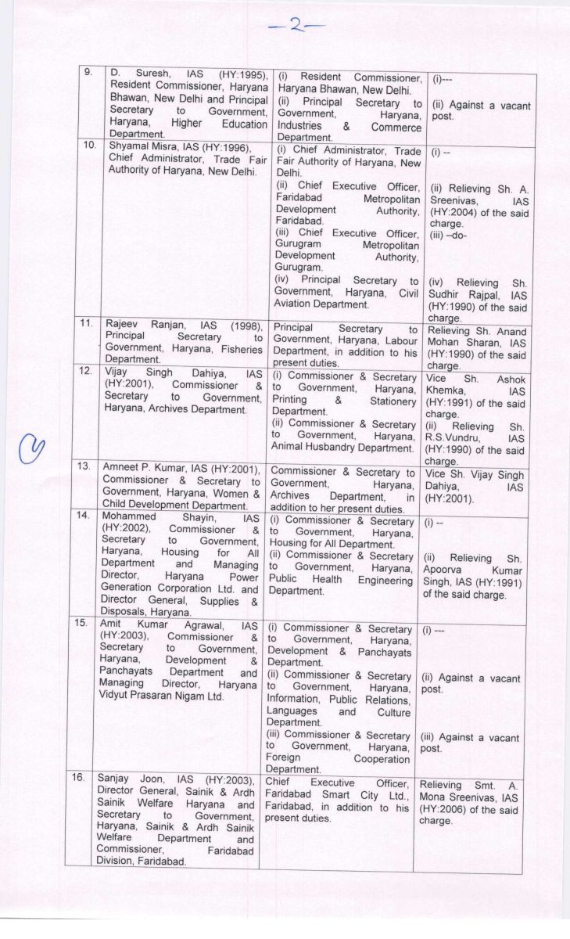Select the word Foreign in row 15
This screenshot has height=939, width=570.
pyautogui.click(x=286, y=758)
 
